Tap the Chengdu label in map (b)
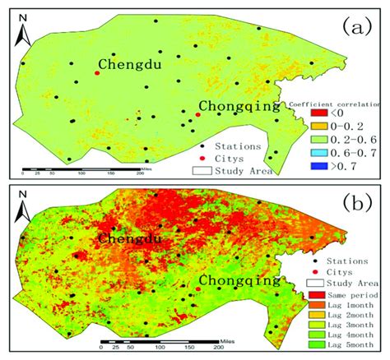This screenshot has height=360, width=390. pyautogui.click(x=130, y=238)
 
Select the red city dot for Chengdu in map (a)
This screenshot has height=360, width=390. pyautogui.click(x=97, y=73)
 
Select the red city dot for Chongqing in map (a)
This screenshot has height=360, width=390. pyautogui.click(x=197, y=116)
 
